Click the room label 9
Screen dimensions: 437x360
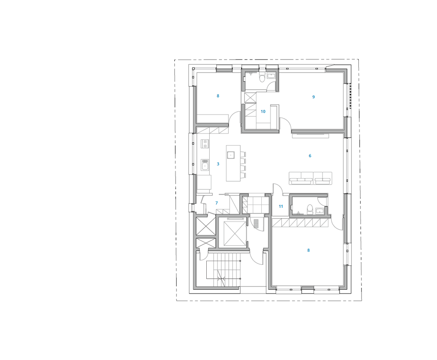click(313, 97)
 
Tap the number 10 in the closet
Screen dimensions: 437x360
click(263, 112)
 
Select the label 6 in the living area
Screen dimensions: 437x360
click(310, 156)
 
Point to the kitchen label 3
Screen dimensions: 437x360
click(218, 164)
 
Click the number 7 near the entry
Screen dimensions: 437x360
click(217, 203)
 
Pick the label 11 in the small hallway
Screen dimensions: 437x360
click(281, 206)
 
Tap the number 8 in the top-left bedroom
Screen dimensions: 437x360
click(218, 96)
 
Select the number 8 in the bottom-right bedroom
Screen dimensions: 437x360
click(309, 250)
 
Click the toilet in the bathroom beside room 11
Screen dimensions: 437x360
click(310, 209)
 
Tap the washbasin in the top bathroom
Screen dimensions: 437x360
click(271, 75)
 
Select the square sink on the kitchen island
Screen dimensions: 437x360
click(230, 155)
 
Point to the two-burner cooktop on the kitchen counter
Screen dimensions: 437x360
click(205, 144)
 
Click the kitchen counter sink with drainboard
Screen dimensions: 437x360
click(205, 164)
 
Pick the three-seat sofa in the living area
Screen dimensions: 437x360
click(301, 178)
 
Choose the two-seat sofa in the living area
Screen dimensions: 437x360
click(323, 178)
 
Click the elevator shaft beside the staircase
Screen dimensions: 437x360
click(235, 234)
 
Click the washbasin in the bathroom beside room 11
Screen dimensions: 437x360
click(320, 211)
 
